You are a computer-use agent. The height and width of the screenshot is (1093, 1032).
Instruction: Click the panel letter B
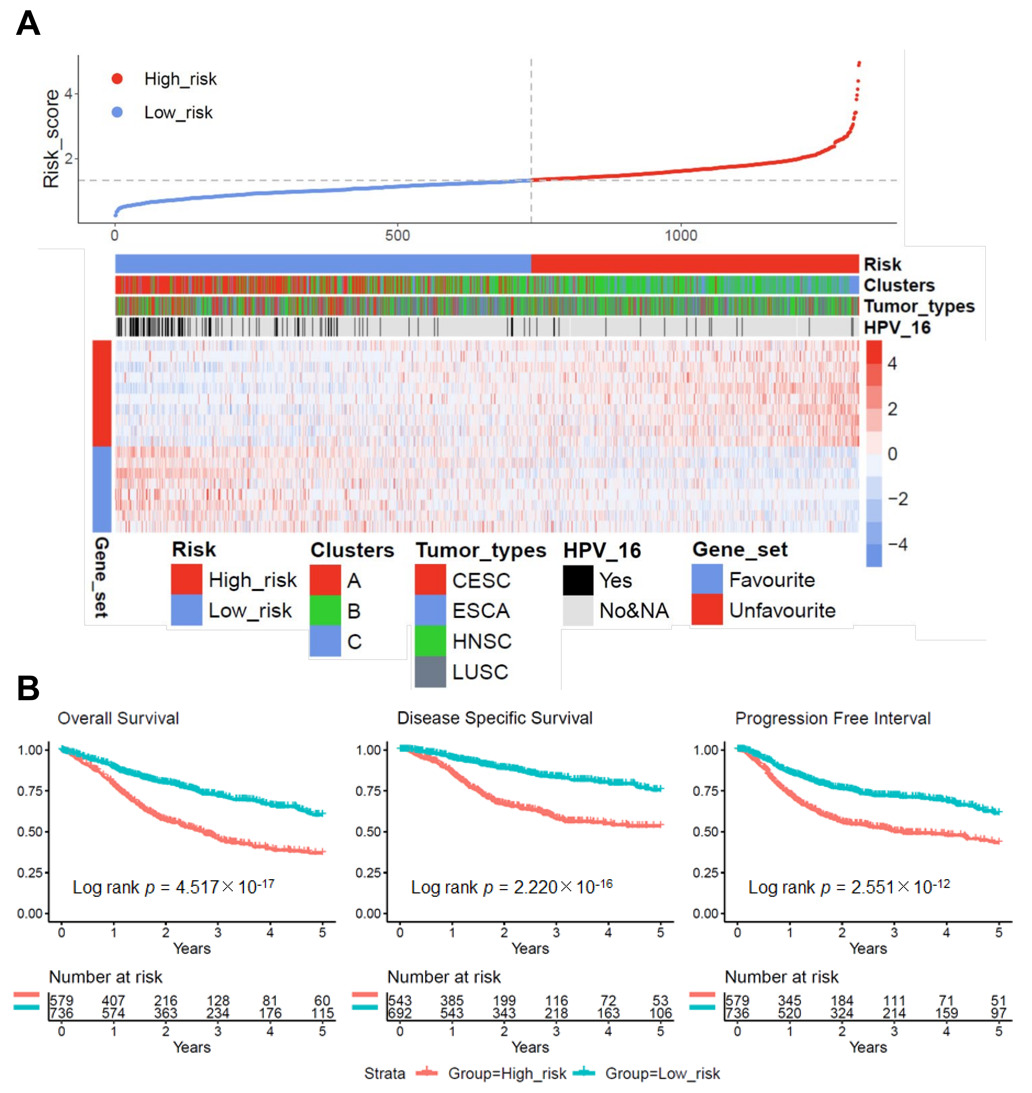[28, 689]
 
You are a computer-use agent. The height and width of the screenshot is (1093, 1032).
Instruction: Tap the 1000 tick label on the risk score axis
[680, 236]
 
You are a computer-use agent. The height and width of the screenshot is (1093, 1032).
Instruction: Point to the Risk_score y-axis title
[51, 139]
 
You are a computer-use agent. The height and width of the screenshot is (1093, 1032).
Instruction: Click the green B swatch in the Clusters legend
[325, 610]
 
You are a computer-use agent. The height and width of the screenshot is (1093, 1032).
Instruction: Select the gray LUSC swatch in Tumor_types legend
[430, 672]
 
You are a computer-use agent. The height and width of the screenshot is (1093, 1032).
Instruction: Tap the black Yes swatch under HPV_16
[578, 580]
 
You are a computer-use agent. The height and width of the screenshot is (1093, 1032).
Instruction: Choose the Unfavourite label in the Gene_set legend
[782, 610]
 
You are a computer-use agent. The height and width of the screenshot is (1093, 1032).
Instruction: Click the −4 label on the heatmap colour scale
[897, 545]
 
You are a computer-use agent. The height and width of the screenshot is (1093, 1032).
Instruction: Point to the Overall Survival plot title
[118, 718]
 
